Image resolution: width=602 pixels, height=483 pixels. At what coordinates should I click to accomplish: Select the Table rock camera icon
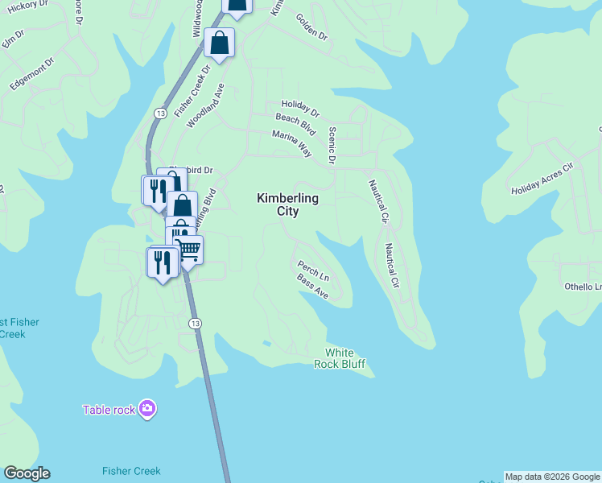coord(147,409)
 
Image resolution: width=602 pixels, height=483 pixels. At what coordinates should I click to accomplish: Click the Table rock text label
coord(109,410)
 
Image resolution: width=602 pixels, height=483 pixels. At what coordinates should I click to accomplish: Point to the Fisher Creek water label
coord(131,471)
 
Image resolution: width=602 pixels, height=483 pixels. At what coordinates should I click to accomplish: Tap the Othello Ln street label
coord(582,287)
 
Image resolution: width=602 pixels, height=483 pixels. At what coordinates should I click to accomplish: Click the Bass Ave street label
coord(312,287)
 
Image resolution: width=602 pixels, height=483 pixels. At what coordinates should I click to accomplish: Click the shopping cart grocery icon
coord(189,248)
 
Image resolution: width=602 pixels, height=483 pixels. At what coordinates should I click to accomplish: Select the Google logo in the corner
coord(27,473)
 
